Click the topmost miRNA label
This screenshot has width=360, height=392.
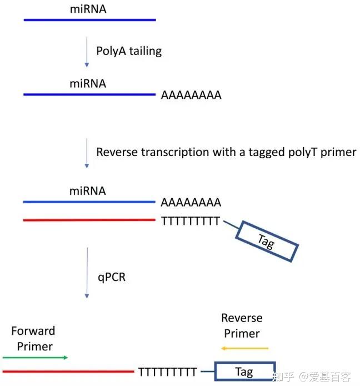click(88, 9)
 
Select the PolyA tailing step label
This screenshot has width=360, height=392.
click(129, 51)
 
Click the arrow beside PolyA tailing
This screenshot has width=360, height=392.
click(87, 52)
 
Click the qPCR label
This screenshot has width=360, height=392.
click(112, 276)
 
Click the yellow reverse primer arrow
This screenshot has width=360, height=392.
click(244, 348)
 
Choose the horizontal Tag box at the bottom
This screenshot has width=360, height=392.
click(244, 372)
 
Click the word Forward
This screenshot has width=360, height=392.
click(33, 331)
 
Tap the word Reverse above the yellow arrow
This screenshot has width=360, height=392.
click(242, 318)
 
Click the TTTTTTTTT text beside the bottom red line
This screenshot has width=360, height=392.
click(167, 372)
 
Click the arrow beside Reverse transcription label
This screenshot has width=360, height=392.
click(87, 153)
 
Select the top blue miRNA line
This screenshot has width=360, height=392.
click(89, 20)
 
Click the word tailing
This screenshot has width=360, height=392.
click(144, 51)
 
